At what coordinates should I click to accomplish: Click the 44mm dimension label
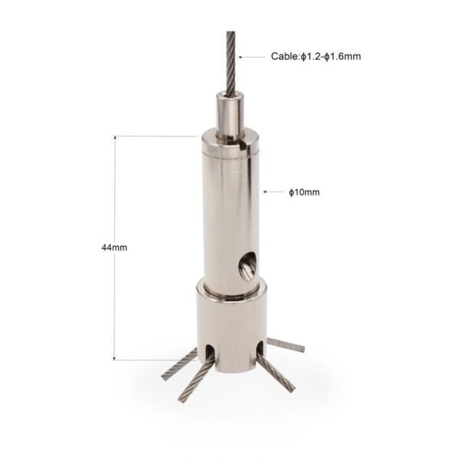114,248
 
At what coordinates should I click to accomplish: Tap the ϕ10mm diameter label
304,192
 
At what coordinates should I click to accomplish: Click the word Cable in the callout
284,56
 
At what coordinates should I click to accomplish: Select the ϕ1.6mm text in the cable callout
343,56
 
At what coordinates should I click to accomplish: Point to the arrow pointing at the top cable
251,57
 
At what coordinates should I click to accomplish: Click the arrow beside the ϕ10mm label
274,192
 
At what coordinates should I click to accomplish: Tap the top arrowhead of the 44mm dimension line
115,138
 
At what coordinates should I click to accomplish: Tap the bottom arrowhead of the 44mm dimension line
115,357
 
